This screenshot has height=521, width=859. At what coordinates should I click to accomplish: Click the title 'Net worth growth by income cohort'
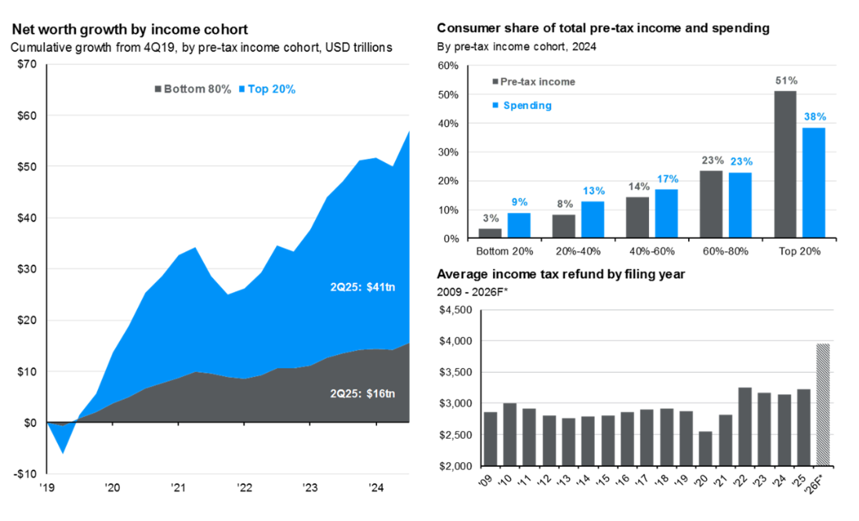tap(129, 30)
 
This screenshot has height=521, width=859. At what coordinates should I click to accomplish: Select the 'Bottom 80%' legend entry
tap(194, 89)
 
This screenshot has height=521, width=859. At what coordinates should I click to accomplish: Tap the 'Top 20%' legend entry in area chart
tap(270, 89)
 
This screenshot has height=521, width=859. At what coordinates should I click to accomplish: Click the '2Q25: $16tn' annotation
tap(361, 392)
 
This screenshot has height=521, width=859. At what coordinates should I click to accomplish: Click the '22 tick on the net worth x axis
tap(244, 487)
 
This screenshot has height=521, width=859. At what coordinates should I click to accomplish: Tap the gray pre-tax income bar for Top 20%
tap(785, 165)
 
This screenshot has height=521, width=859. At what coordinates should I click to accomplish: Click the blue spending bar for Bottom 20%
tap(519, 226)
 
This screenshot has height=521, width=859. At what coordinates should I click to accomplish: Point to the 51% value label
tap(785, 81)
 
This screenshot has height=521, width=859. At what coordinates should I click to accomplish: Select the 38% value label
tap(814, 118)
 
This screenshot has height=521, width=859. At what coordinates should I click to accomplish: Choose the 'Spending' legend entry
tap(526, 105)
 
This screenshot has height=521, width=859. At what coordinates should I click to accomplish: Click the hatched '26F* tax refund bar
tap(823, 404)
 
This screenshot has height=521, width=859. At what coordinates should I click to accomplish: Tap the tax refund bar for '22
tap(745, 427)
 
